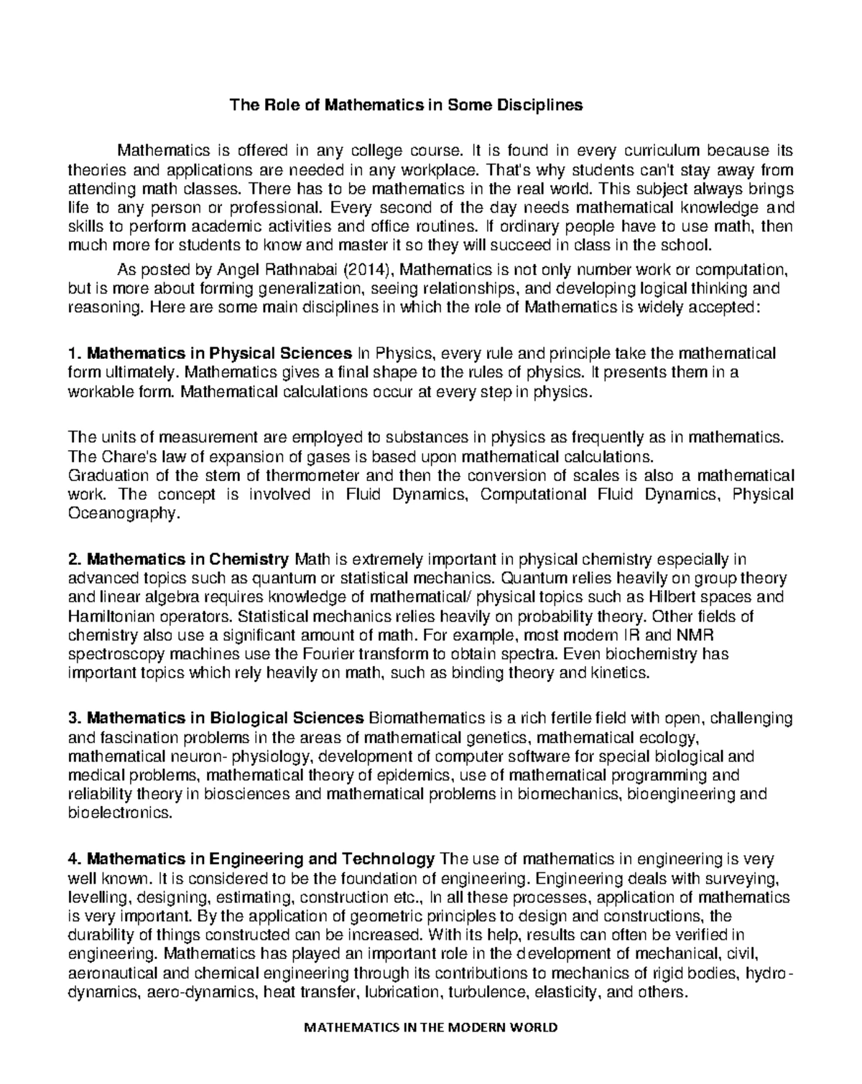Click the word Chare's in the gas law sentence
(117, 457)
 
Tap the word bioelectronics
(120, 813)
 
